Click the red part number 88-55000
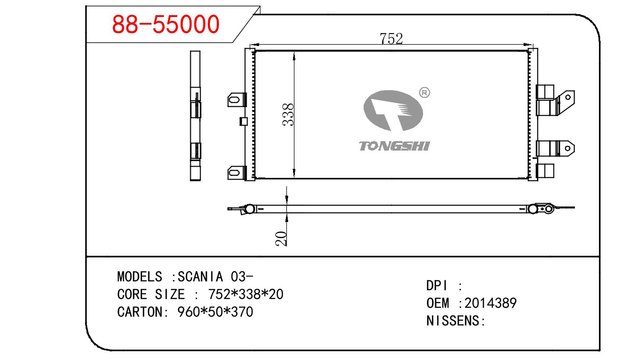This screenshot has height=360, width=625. pos(166,24)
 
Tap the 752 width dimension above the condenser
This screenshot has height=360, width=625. pos(391,38)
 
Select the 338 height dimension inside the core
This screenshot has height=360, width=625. pos(288,115)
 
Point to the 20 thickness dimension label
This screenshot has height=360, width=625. pos(281,239)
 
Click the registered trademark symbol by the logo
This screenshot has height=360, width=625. pos(424,92)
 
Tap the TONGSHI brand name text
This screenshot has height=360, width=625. pos(394,146)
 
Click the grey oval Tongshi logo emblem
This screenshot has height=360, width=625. pos(393,110)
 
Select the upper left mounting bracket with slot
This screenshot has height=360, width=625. pos(237,100)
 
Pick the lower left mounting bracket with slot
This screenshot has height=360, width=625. pos(237,173)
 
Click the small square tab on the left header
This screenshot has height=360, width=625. pos(243,121)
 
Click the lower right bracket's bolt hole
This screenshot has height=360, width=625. pos(567,148)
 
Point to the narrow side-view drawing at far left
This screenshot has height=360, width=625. pos(195,116)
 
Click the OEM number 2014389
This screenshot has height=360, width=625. pos(491,303)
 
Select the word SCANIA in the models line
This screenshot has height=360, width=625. pos(200,277)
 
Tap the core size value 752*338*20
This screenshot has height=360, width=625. pos(246,294)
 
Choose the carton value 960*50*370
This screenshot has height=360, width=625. pos(215,312)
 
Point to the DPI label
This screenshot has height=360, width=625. pos(437,286)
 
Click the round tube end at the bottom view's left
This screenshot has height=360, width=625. pos(250,209)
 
